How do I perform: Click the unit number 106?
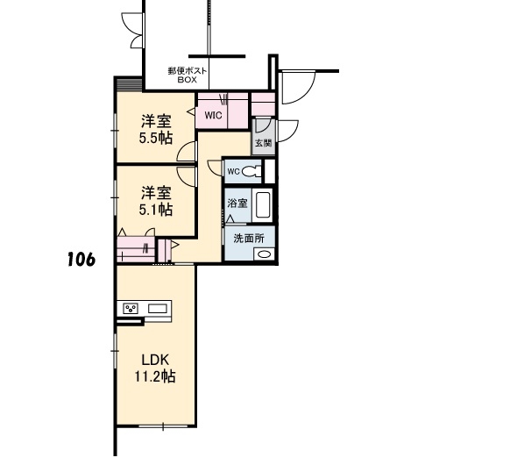(81, 259)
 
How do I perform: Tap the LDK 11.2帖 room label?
(155, 368)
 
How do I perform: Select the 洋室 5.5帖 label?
(156, 129)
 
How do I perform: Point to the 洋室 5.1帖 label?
(156, 201)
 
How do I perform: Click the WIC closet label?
(213, 116)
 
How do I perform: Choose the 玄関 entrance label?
(264, 143)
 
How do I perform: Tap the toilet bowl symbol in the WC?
(251, 172)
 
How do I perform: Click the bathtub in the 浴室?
(263, 205)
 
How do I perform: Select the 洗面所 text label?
(249, 238)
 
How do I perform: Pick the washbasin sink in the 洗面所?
(264, 254)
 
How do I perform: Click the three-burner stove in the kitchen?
(131, 309)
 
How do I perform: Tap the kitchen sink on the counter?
(159, 309)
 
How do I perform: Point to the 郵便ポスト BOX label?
(188, 75)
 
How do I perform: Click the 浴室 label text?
(237, 203)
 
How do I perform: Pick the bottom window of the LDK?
(163, 426)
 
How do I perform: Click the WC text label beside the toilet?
(233, 172)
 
